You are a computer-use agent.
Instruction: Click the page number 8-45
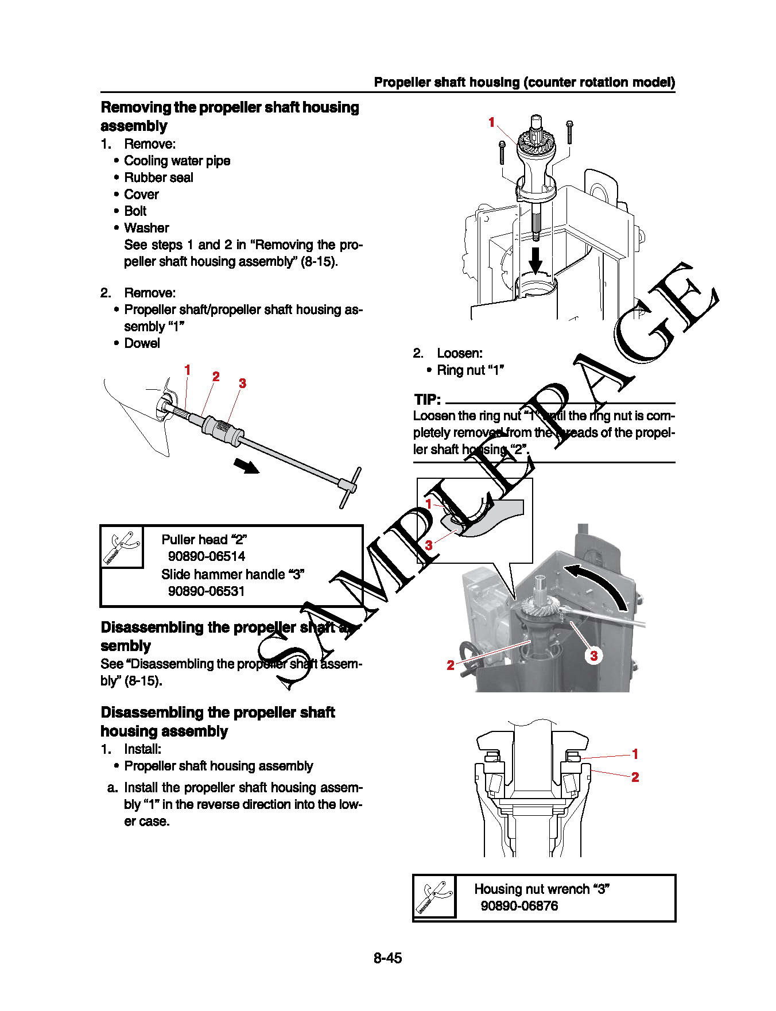(x=387, y=958)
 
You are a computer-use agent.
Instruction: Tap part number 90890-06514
(x=206, y=556)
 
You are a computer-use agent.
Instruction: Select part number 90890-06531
(x=206, y=591)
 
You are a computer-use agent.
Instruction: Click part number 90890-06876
(x=519, y=905)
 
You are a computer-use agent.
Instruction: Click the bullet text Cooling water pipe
(x=177, y=161)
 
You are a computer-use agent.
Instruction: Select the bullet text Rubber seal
(x=158, y=177)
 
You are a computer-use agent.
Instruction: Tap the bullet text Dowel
(x=142, y=343)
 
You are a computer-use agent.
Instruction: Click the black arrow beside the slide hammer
(x=246, y=466)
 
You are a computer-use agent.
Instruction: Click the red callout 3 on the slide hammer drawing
(x=242, y=383)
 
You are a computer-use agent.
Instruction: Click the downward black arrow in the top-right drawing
(x=535, y=261)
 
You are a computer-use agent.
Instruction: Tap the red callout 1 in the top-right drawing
(x=491, y=122)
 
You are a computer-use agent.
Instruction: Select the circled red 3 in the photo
(x=593, y=655)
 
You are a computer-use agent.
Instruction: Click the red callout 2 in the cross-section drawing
(x=635, y=777)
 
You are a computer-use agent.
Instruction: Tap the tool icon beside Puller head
(x=122, y=547)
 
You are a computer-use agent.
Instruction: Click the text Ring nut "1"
(x=470, y=370)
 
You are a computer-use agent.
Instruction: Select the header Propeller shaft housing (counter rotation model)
(x=524, y=82)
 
